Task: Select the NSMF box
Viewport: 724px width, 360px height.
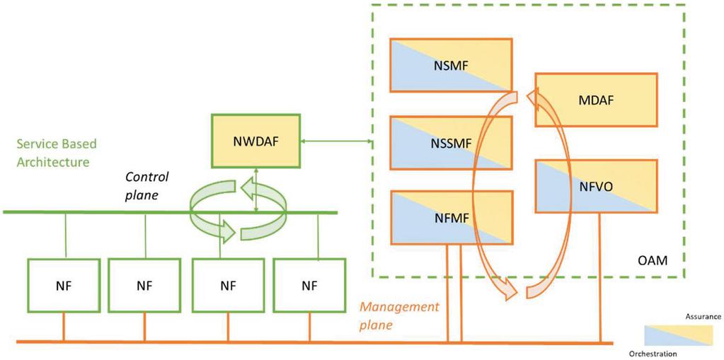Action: [x=451, y=65]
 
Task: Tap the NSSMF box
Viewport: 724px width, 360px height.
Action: [x=451, y=142]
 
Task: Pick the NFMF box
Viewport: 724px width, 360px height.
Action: [x=451, y=218]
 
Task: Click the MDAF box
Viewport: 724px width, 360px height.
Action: [x=596, y=100]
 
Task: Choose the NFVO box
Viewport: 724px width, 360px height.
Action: [x=596, y=187]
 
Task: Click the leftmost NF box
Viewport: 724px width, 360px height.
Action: [x=63, y=285]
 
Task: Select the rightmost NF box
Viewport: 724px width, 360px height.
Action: [x=309, y=285]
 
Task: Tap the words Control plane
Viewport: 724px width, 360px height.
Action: [x=147, y=185]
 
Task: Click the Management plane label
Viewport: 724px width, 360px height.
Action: [x=399, y=315]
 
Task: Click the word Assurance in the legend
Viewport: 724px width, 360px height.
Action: [x=703, y=317]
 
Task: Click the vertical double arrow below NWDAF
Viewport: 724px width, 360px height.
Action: [x=256, y=189]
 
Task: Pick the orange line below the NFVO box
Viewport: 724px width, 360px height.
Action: [x=601, y=276]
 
